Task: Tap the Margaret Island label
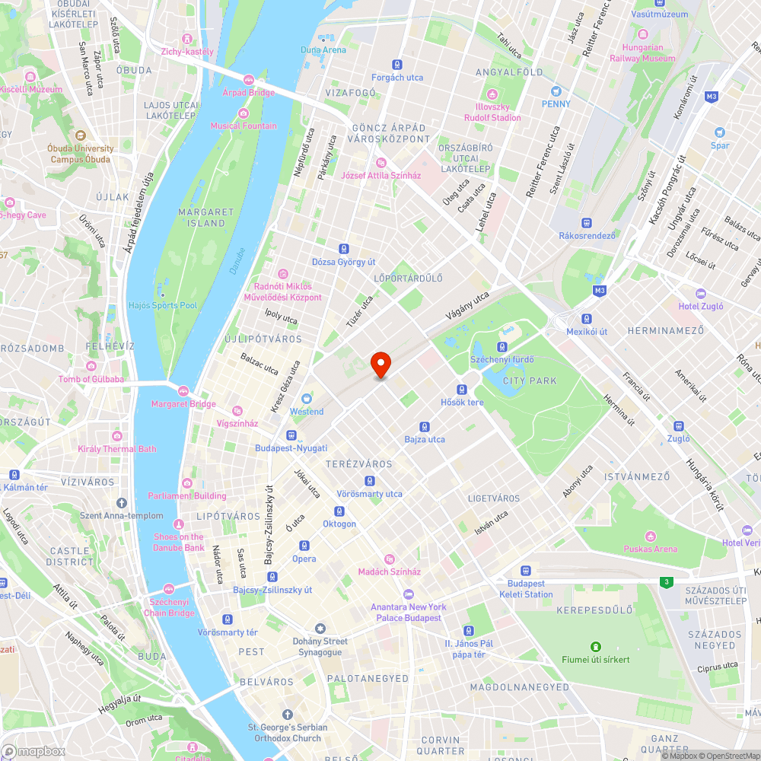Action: click(x=206, y=217)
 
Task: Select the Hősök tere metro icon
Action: click(x=462, y=390)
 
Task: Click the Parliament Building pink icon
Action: click(x=186, y=483)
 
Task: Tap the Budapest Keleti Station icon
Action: click(x=525, y=571)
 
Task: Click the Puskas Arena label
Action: click(x=650, y=549)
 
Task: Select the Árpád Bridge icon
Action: click(x=248, y=80)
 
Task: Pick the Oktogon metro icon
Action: click(x=339, y=511)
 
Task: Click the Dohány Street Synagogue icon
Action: click(x=320, y=629)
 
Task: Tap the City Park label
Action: click(x=530, y=380)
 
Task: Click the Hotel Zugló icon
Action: click(x=701, y=294)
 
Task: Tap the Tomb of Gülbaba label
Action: click(x=91, y=379)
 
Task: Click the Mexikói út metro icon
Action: click(x=587, y=319)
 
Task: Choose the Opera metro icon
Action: click(x=304, y=546)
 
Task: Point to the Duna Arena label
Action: click(x=323, y=50)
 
